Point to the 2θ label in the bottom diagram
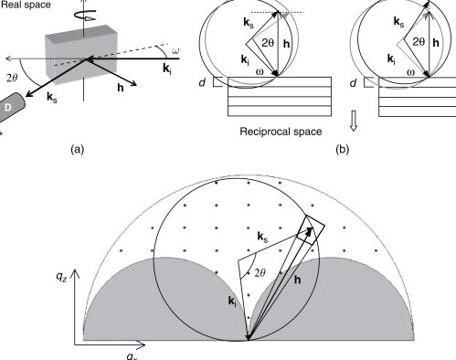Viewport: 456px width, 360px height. (260, 270)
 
